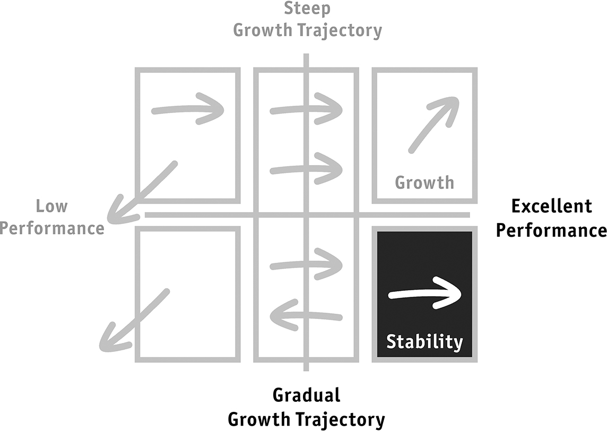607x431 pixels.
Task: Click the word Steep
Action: coord(307,9)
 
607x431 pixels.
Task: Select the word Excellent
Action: coord(551,206)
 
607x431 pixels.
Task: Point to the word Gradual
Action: coord(307,395)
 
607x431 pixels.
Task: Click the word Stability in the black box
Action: coord(424,342)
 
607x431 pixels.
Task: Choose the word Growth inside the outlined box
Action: coord(424,183)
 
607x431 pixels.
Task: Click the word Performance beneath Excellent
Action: coord(551,230)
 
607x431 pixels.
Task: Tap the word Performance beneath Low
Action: coord(52,228)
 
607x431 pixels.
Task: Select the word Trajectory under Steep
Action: coord(340,30)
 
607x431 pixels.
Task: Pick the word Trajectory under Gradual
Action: coord(341,419)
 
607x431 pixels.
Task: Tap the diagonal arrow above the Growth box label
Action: coord(433,124)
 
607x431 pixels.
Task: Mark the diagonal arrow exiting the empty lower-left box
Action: coord(134,320)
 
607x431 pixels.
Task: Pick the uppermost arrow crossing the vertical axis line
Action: coord(306,109)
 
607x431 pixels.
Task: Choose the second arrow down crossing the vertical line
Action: coord(306,168)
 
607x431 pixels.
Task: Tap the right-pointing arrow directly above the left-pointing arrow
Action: coord(306,264)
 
